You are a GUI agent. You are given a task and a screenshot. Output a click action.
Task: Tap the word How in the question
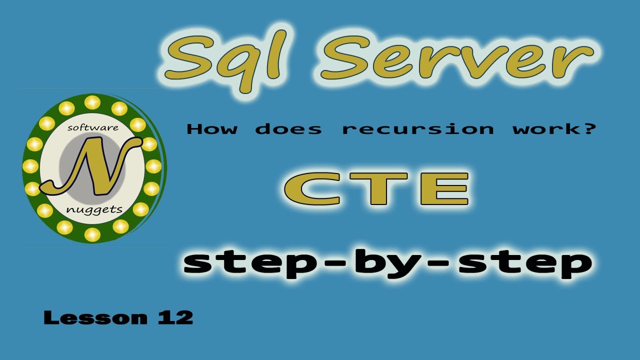click(212, 129)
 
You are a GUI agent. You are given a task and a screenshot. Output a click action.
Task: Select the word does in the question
click(288, 129)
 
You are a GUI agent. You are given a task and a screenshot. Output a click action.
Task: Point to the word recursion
click(417, 129)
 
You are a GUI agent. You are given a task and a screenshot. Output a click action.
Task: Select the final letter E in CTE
click(444, 189)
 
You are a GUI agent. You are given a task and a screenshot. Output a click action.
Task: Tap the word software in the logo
click(93, 128)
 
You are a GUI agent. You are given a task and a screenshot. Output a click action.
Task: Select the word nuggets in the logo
click(94, 208)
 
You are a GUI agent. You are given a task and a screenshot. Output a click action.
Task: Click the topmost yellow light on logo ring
click(92, 102)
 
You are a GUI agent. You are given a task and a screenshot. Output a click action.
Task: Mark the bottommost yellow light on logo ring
click(92, 233)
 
